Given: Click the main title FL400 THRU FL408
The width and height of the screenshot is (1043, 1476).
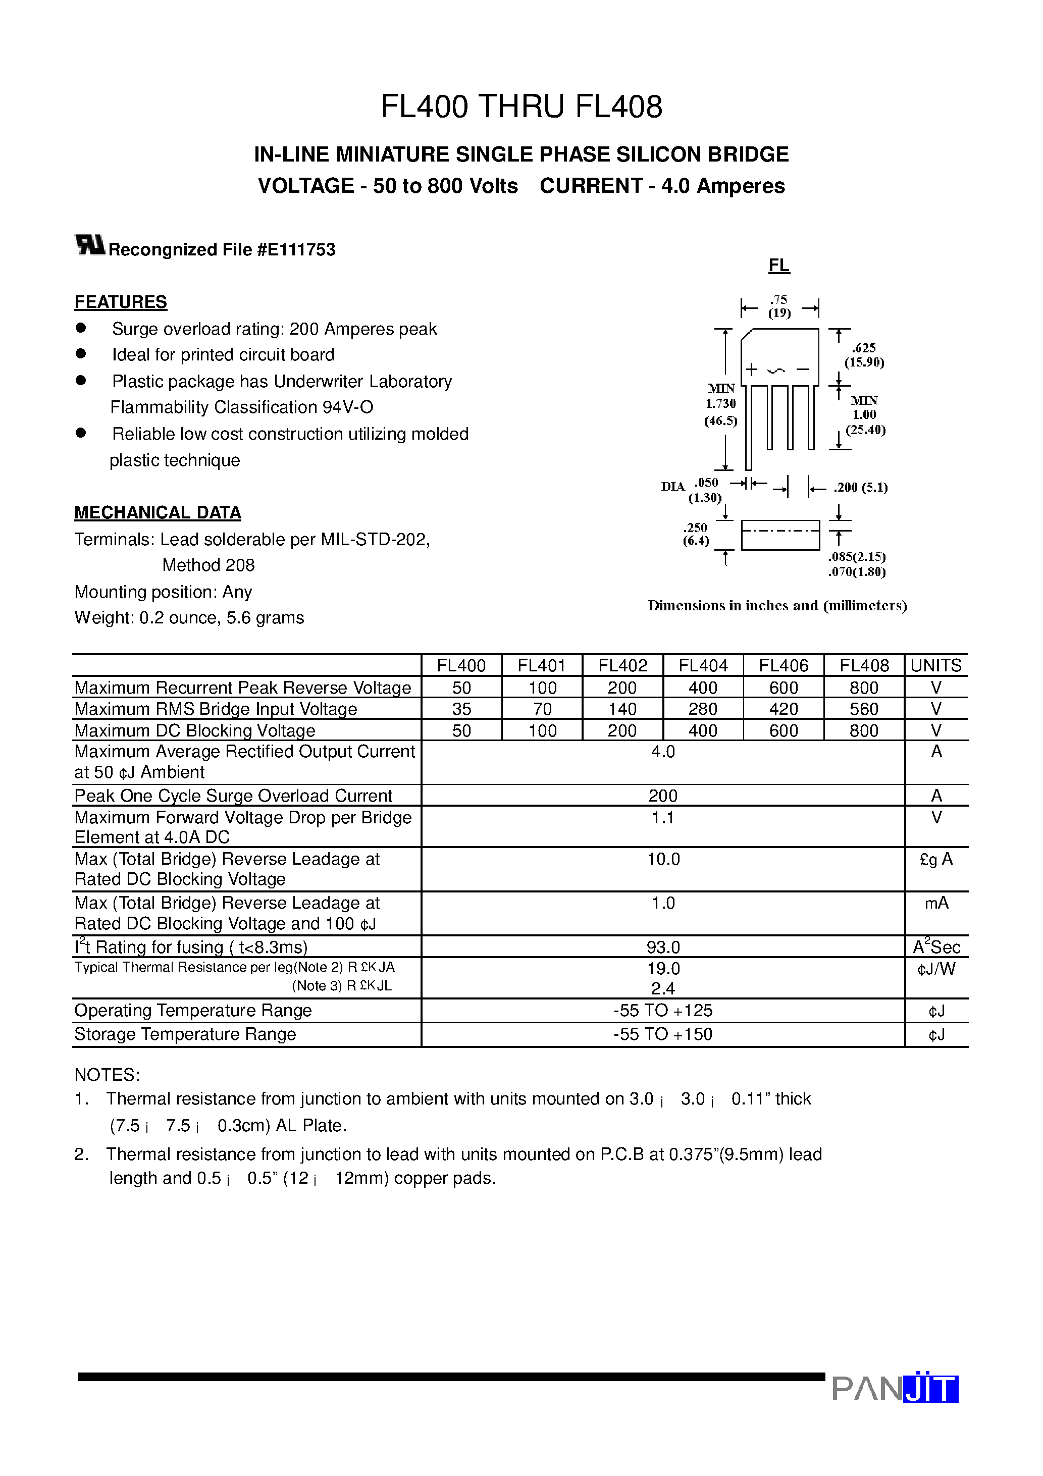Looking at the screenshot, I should [521, 107].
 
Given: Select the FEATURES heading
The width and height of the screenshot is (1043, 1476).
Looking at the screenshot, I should [120, 302].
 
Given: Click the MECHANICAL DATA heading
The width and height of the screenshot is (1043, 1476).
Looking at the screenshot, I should [158, 512].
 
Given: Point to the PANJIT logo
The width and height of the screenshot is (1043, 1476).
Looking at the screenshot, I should [895, 1388].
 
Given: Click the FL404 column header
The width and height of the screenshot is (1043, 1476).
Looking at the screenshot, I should [703, 665].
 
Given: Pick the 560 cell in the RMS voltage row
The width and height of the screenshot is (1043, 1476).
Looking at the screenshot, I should [864, 709].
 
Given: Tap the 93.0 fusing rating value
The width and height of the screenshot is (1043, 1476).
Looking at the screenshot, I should [663, 947].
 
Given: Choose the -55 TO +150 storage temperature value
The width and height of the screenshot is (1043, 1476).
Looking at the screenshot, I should [662, 1034].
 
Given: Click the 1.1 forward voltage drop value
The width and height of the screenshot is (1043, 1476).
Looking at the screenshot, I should [662, 818].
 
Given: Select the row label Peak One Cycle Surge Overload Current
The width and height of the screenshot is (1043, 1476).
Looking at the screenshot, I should [233, 796].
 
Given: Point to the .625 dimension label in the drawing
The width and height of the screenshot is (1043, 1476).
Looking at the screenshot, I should [864, 348].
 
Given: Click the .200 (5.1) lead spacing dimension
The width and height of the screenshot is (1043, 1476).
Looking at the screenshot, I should [860, 487].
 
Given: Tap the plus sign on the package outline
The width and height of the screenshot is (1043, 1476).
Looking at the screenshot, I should [751, 370].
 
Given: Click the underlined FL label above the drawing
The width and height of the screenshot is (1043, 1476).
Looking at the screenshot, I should [778, 266].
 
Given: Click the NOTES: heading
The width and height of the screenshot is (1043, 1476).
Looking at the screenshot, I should [107, 1075].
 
